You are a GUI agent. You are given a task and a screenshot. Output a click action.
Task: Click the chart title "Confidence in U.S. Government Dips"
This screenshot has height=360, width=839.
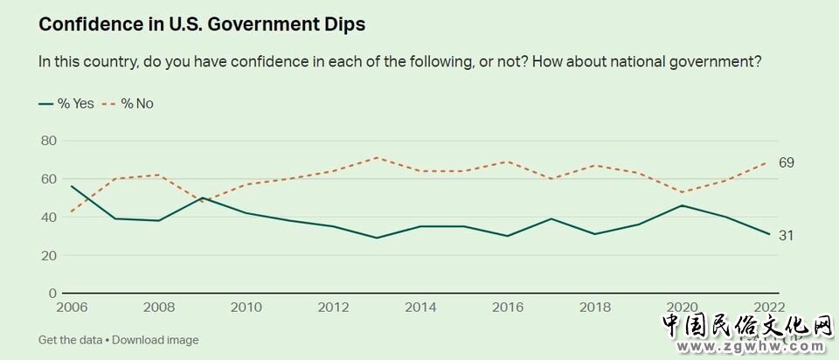(202, 24)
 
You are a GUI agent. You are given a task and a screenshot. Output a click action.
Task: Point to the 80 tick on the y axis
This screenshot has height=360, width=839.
(48, 141)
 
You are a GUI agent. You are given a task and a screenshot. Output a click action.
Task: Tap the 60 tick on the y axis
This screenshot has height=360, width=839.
(48, 179)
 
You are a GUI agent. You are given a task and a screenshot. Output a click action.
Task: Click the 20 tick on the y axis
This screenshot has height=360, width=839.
(48, 255)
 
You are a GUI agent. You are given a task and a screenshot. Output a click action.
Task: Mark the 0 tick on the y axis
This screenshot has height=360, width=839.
(52, 294)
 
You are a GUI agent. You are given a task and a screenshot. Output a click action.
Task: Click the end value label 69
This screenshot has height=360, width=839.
(787, 163)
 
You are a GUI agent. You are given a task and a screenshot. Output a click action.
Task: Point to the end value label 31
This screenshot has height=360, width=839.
(787, 235)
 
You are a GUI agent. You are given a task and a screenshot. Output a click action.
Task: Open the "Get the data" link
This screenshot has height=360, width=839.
(70, 340)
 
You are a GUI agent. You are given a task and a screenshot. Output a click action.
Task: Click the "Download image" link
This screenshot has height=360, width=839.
(156, 340)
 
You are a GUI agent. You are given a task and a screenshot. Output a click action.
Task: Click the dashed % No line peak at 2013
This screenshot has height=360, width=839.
(377, 157)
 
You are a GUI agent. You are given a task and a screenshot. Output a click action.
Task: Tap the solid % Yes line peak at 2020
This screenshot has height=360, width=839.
(682, 205)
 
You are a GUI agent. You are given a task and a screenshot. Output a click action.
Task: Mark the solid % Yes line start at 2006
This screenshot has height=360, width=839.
(71, 186)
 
